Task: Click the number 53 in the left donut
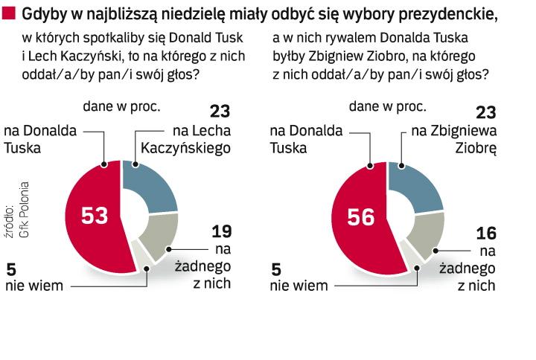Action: coord(95,216)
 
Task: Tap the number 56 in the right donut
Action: coord(362,216)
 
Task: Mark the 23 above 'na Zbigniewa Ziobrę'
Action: coord(485,112)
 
